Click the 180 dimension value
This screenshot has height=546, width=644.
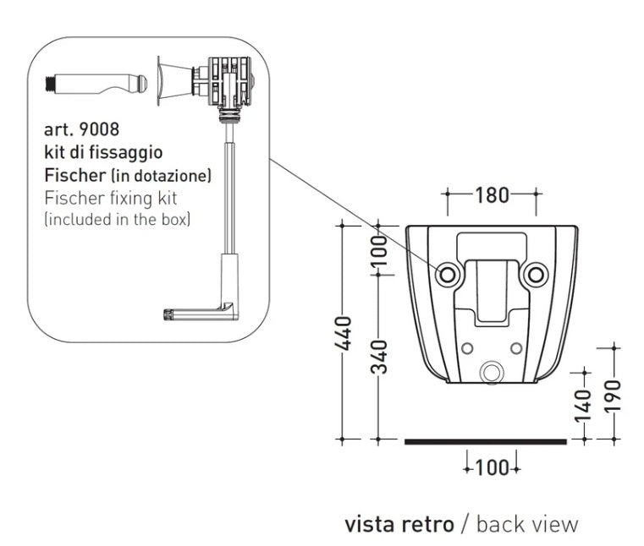tap(492, 195)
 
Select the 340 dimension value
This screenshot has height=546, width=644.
tap(382, 356)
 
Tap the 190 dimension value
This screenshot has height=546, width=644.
tap(614, 393)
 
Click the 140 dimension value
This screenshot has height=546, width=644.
tap(582, 404)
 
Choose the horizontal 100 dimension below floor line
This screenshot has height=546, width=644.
tap(492, 467)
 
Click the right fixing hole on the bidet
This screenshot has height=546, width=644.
tap(535, 274)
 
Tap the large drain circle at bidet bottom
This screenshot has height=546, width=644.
tap(491, 371)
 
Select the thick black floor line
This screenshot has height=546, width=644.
tap(486, 440)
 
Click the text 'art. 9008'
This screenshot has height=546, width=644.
tap(81, 130)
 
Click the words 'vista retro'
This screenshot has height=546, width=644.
tap(399, 524)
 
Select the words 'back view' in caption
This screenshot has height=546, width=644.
tap(527, 524)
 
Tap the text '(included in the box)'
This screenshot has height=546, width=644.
tap(117, 221)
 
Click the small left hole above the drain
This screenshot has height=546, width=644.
tap(466, 347)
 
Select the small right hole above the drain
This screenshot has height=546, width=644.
tap(516, 347)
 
